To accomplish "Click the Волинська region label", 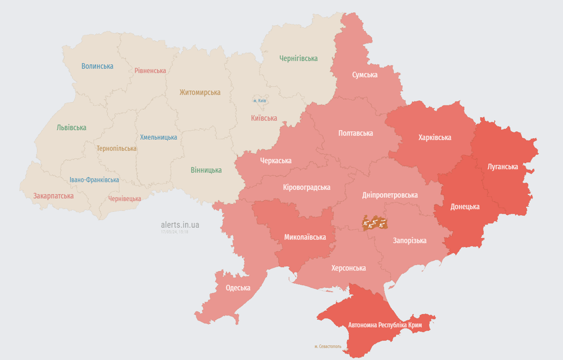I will click(97, 66).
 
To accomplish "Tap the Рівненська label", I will click(150, 71).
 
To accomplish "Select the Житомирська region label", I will click(200, 92).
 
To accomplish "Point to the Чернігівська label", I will click(298, 59).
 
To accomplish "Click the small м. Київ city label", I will click(259, 101).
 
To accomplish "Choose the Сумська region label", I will click(365, 75).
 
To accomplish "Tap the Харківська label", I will click(435, 137).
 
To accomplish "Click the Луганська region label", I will click(503, 166).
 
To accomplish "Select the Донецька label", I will click(465, 206).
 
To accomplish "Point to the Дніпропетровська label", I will click(390, 195).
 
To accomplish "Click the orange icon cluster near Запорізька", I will click(375, 224).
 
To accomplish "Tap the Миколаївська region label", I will click(305, 237).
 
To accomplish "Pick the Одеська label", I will click(238, 288).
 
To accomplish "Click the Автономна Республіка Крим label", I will click(385, 325).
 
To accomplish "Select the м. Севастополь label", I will click(328, 346).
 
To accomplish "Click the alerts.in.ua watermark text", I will click(180, 225).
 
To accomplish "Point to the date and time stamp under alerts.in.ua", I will click(174, 232).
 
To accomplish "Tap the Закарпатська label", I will click(53, 196).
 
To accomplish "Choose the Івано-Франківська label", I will click(94, 180).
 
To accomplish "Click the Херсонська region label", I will click(348, 268).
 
